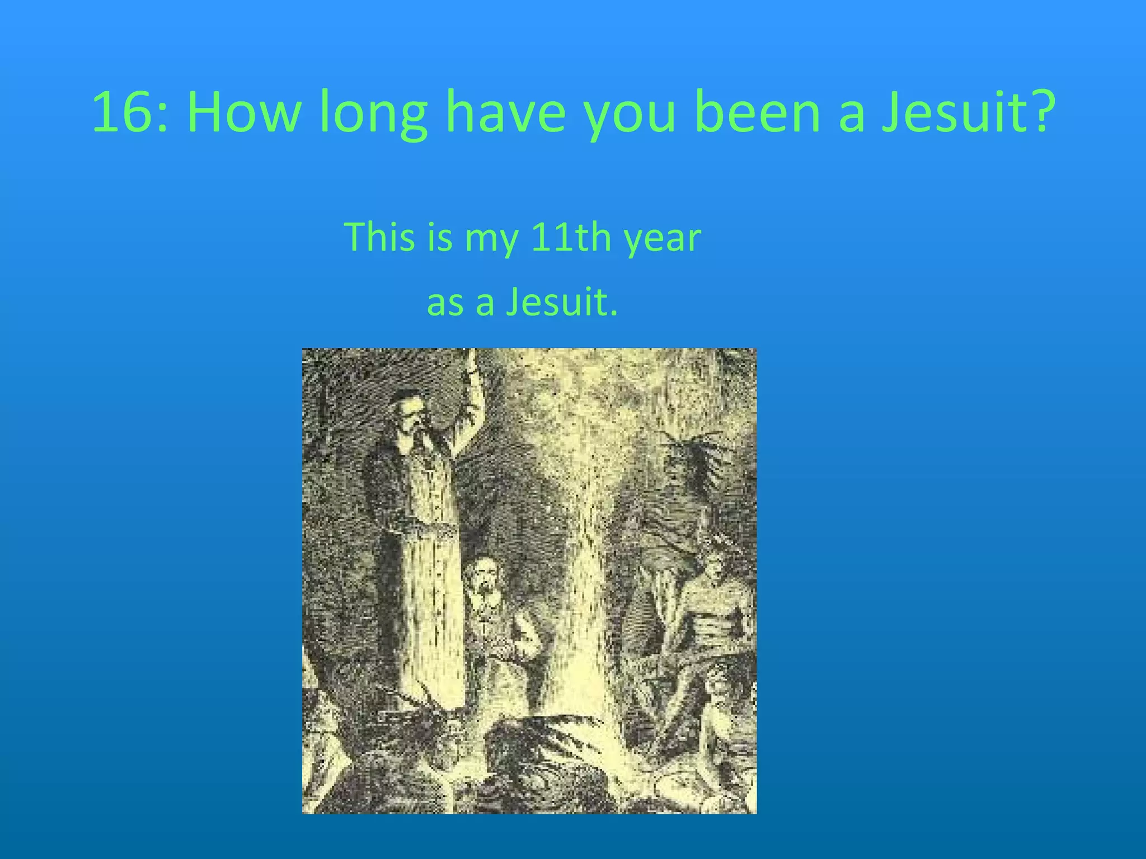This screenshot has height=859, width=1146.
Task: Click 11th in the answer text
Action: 571,237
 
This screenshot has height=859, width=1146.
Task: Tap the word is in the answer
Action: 439,237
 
